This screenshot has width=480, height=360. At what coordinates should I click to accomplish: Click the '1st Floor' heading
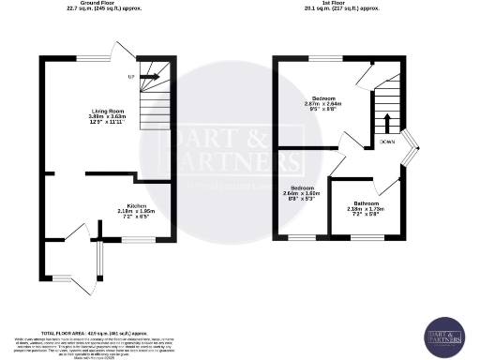pyautogui.click(x=340, y=4)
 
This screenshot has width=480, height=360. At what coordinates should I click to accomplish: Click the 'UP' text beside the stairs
pyautogui.click(x=132, y=76)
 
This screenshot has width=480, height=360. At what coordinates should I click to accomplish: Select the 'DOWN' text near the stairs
pyautogui.click(x=387, y=142)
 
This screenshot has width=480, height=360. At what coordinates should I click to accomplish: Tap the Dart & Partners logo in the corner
pyautogui.click(x=444, y=334)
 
